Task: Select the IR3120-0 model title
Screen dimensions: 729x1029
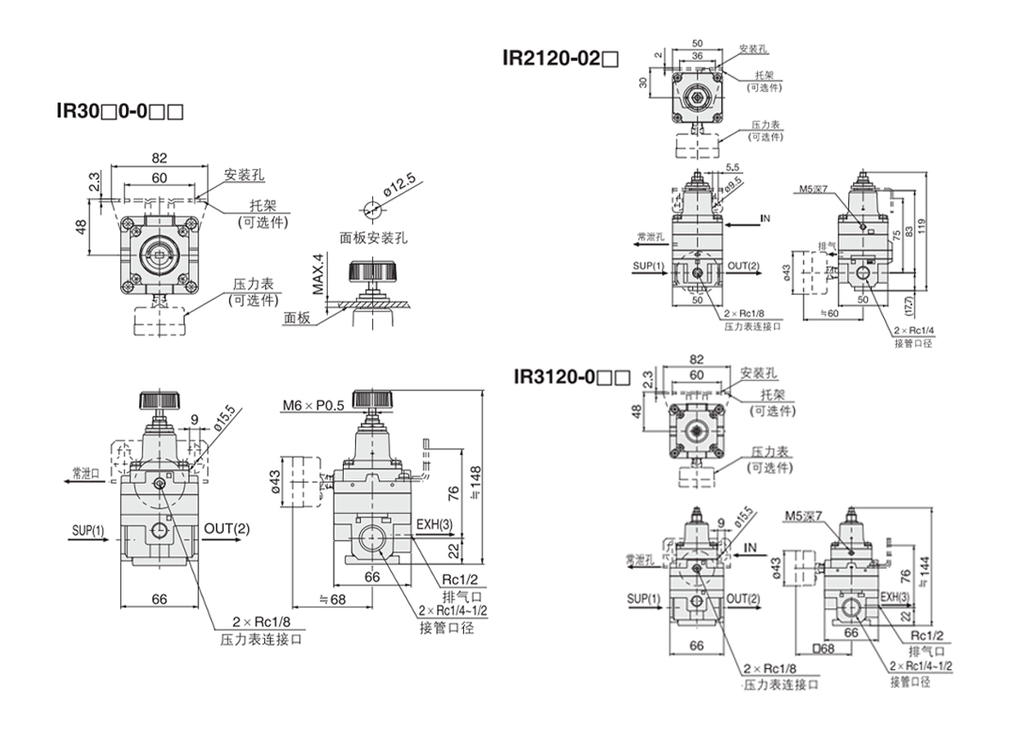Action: [x=571, y=376]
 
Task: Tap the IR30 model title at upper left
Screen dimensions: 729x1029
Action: [x=119, y=111]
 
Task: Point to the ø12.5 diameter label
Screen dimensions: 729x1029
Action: [x=399, y=184]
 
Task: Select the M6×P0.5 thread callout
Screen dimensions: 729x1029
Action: [x=311, y=404]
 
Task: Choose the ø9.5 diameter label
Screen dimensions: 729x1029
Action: [x=732, y=183]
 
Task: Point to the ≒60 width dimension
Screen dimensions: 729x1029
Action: [x=828, y=313]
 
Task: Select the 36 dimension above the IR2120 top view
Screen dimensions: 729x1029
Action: [x=696, y=55]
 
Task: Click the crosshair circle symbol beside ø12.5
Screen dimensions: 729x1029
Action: [x=370, y=208]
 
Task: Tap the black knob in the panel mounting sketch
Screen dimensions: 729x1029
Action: [x=371, y=272]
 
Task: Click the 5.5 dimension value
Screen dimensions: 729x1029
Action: [x=732, y=167]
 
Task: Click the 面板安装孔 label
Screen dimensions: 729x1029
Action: [x=373, y=238]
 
